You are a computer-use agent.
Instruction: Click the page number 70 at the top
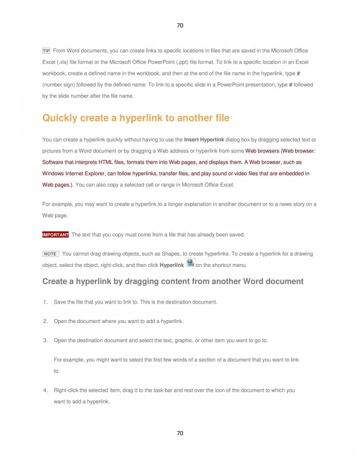coord(180,25)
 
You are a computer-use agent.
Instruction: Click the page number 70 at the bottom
coord(180,433)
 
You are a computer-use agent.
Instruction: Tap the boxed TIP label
coord(46,51)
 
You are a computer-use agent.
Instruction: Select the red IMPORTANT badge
coord(56,234)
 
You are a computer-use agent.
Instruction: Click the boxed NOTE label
coord(50,254)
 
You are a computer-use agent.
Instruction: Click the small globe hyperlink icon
coord(191,263)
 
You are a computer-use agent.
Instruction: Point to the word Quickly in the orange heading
coord(60,118)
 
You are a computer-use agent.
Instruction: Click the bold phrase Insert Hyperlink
coord(204,139)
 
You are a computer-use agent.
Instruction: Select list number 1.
coord(45,302)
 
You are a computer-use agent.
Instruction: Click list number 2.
coord(45,321)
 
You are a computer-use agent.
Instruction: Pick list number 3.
coord(45,340)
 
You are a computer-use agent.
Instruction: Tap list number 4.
coord(45,390)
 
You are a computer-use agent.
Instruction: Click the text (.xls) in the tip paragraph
coord(64,62)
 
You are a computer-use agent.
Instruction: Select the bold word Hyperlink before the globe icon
coord(172,265)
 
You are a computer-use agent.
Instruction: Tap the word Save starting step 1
coord(60,302)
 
